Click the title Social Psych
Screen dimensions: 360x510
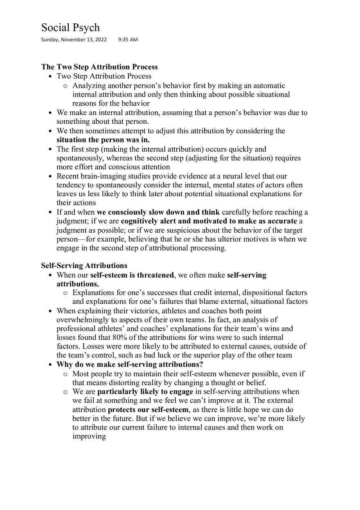point(70,27)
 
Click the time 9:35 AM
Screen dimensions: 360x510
point(128,40)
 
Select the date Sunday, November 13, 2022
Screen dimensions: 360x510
point(74,40)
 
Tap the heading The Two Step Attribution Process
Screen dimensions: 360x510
point(99,67)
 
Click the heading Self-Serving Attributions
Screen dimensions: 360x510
point(84,266)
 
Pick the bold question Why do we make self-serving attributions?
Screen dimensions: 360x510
point(130,364)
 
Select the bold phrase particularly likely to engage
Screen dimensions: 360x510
point(145,392)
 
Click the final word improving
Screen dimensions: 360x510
point(89,436)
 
